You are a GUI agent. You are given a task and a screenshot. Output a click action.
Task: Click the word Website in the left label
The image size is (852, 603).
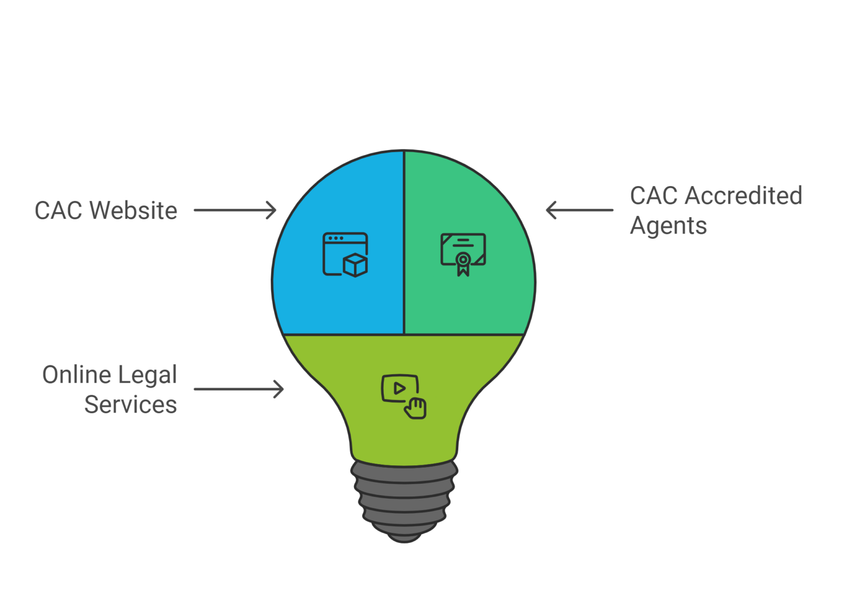pos(133,210)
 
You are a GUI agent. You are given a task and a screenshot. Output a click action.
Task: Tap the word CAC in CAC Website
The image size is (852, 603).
pos(58,210)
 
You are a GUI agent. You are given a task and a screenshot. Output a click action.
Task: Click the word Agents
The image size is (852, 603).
pos(668,226)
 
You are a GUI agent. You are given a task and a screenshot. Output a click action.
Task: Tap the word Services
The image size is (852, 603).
pos(130,405)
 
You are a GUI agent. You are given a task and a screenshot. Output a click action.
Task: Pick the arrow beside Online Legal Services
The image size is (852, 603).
pos(239,389)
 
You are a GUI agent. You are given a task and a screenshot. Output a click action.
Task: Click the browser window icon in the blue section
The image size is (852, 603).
pos(345,254)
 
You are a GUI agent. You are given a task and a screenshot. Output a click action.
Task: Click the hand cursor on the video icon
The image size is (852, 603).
pos(415,408)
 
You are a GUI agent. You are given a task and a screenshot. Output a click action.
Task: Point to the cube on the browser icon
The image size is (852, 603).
pos(355,265)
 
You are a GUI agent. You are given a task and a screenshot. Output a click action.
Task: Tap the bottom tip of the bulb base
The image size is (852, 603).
pos(404,538)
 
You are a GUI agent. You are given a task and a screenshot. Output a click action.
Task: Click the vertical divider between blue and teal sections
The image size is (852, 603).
pos(404,244)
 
